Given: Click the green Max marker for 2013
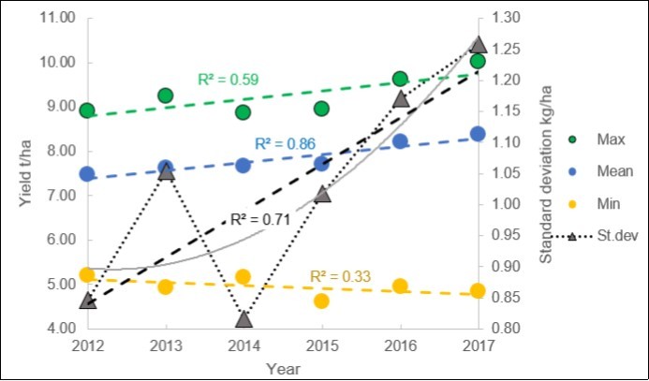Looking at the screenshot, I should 166,95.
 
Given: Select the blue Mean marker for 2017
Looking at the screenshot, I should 478,134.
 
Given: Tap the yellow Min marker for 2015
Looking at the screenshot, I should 321,300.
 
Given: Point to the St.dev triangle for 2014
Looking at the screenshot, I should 243,320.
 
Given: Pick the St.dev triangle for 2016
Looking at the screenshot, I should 400,99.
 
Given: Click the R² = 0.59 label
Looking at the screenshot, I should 228,79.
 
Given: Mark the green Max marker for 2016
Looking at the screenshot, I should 400,80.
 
